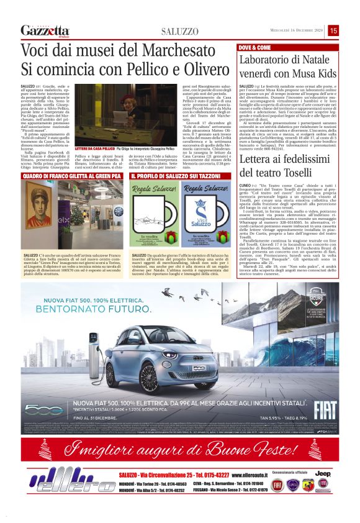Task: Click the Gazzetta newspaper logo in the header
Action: click(x=45, y=30)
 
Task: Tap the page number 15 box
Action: click(x=351, y=30)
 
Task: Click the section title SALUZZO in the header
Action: click(x=180, y=31)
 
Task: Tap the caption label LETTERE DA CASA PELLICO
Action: click(x=92, y=150)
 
